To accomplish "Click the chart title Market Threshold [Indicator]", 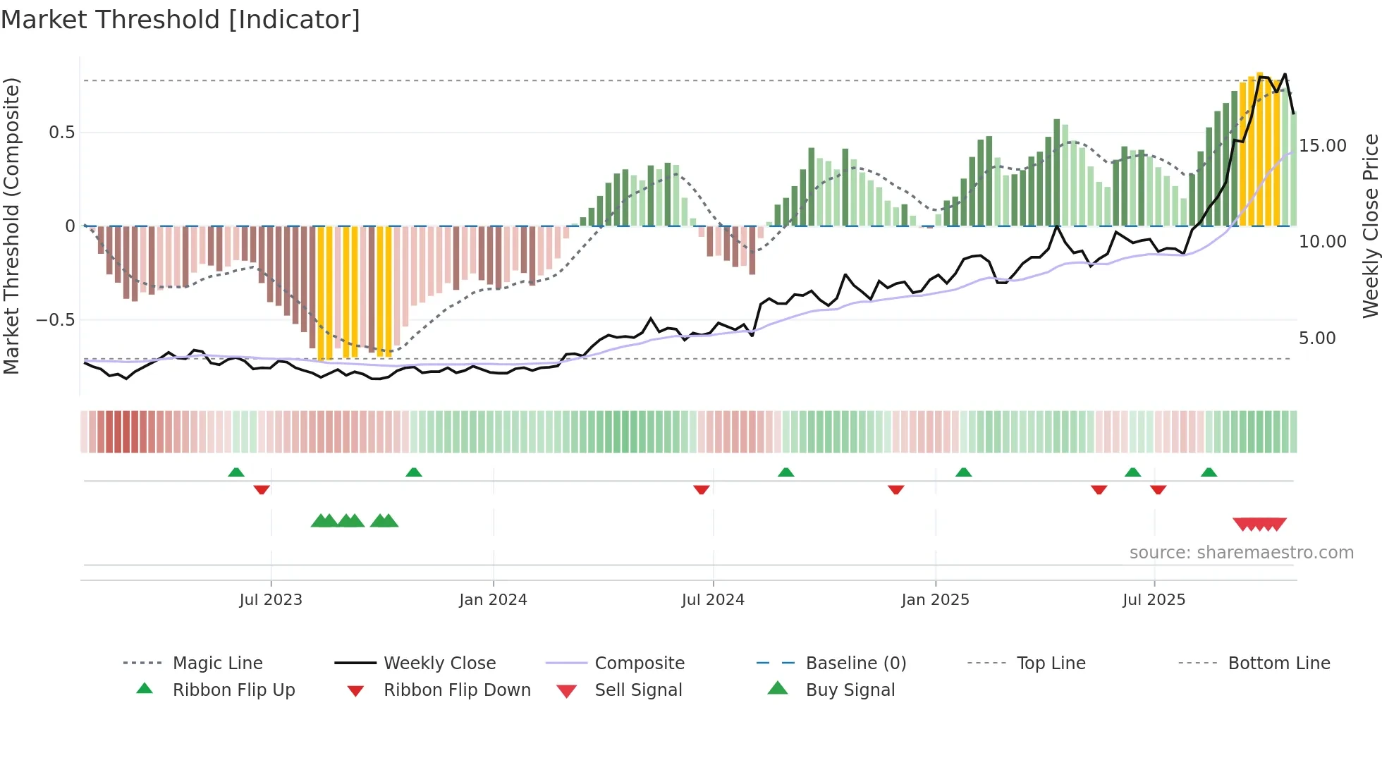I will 181,20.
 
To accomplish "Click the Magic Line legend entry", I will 217,663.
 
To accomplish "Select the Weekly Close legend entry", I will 439,663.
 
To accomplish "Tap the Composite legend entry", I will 639,663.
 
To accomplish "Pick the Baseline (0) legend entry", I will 855,663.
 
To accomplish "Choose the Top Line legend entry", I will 1051,663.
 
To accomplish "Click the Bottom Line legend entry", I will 1278,663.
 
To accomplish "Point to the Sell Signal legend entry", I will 637,690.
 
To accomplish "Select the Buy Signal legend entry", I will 850,690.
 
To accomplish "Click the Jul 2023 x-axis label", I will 271,600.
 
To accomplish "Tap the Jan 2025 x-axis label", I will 935,600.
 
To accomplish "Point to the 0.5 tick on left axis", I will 61,133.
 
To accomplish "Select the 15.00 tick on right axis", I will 1323,146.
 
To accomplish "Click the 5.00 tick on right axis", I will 1317,338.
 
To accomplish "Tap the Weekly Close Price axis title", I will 1370,226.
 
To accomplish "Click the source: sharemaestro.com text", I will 1241,553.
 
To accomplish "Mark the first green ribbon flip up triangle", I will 236,472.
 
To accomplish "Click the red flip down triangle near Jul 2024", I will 701,489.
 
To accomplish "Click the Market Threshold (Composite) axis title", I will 11,226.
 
